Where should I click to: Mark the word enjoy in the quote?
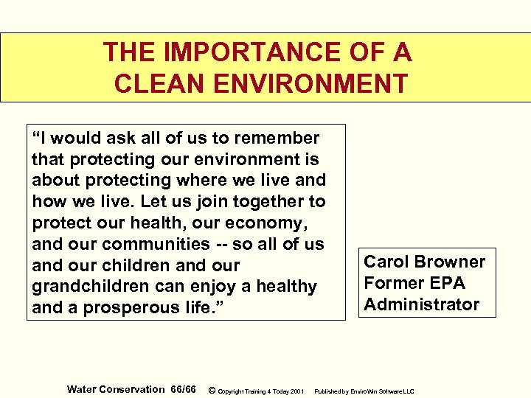point(221,286)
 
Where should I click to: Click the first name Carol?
point(387,262)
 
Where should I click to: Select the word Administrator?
point(421,304)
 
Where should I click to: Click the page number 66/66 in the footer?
point(183,389)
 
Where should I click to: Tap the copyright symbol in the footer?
point(212,390)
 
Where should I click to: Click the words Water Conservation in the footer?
point(116,389)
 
